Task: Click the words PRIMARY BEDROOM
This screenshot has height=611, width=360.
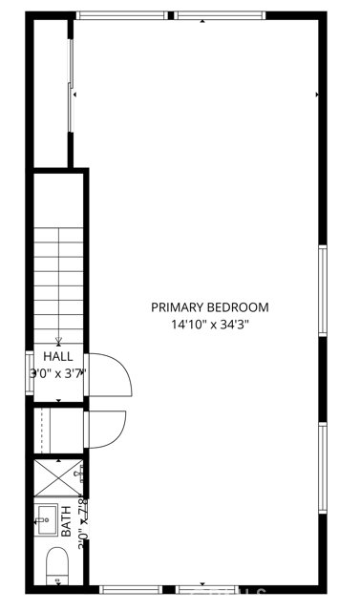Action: coord(210,307)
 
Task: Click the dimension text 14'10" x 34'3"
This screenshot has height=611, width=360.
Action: coord(210,325)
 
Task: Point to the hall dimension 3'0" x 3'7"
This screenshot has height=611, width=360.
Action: coord(58,373)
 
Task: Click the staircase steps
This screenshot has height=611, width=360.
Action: coord(59,277)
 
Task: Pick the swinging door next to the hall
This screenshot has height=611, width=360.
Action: coord(107,372)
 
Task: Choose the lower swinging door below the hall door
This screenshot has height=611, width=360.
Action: coord(105,428)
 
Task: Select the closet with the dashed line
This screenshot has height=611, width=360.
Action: coord(57,430)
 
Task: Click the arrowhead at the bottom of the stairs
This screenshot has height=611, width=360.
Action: coord(59,340)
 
